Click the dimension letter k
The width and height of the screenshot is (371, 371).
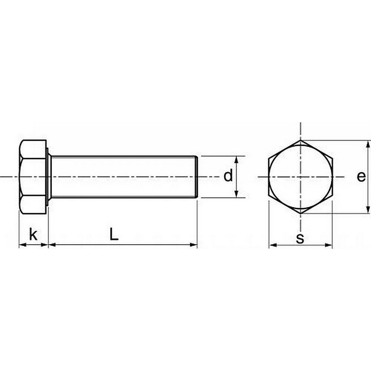pyautogui.click(x=33, y=234)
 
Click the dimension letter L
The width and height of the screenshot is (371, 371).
pyautogui.click(x=114, y=234)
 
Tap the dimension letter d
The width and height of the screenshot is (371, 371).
pyautogui.click(x=228, y=175)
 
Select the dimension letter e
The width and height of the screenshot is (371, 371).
pyautogui.click(x=361, y=177)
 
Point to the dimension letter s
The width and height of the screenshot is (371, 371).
pyautogui.click(x=300, y=238)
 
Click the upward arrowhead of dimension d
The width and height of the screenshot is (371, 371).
pyautogui.click(x=236, y=160)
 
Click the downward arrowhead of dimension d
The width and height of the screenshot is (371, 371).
pyautogui.click(x=236, y=194)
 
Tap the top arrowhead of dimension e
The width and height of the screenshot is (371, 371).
pyautogui.click(x=368, y=144)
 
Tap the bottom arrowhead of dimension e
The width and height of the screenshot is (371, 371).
pyautogui.click(x=368, y=210)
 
